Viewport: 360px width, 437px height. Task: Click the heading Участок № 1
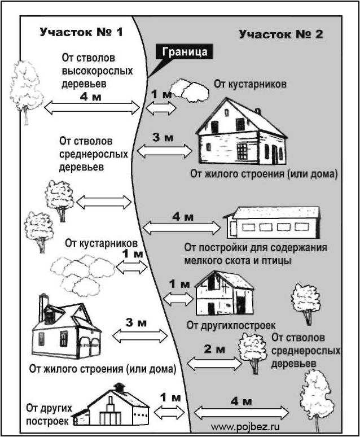[81, 32]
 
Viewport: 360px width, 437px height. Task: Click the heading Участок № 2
[280, 34]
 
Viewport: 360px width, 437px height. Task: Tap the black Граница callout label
[184, 52]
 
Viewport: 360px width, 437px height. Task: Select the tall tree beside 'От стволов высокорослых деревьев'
[25, 90]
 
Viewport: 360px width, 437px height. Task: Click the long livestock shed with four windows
[272, 223]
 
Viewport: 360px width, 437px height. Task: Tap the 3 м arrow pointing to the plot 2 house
[165, 150]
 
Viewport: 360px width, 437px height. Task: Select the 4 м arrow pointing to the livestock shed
[182, 228]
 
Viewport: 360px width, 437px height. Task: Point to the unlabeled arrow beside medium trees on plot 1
[103, 202]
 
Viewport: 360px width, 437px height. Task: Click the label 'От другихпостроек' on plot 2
[231, 325]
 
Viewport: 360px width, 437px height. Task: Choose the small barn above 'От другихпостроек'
[224, 294]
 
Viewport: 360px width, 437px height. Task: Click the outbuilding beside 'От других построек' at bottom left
[116, 407]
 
